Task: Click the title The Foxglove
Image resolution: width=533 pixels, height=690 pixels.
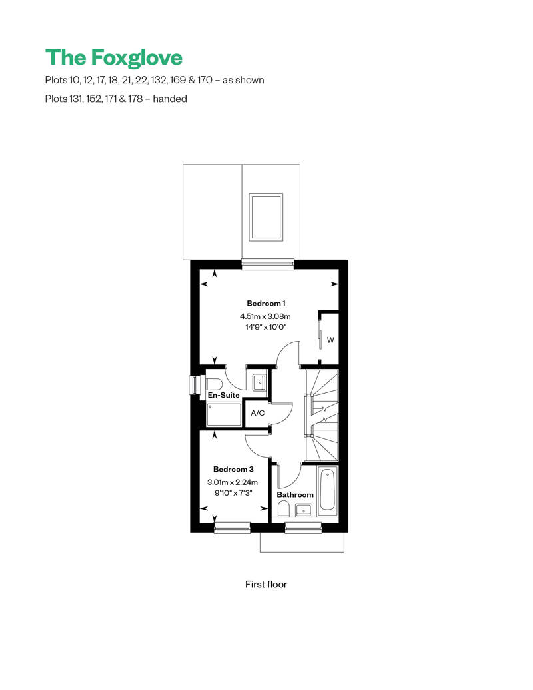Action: pos(113,58)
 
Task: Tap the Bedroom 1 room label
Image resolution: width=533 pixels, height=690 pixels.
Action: pos(266,303)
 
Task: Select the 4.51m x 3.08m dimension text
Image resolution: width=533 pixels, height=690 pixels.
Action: pos(265,316)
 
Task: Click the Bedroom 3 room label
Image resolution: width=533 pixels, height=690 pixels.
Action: pos(233,469)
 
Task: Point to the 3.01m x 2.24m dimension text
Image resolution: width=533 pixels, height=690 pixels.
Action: pos(233,482)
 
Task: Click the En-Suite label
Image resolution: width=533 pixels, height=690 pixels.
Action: pos(224,395)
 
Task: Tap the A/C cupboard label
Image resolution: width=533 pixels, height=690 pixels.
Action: pos(257,413)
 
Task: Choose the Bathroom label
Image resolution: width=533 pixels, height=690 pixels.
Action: pos(295,495)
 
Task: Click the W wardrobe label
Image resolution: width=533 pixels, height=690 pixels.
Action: pos(330,340)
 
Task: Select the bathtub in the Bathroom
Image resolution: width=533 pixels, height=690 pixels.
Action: pos(328,491)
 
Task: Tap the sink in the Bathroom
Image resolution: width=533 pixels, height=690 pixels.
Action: pos(304,510)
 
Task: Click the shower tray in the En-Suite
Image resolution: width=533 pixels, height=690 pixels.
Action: pos(224,414)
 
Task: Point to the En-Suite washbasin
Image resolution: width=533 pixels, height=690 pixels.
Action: pos(259,382)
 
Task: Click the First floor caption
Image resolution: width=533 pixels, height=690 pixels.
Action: pos(266,584)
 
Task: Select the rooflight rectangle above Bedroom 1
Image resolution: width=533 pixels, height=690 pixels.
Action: pos(265,217)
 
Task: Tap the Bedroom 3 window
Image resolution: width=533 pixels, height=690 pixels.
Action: pos(231,527)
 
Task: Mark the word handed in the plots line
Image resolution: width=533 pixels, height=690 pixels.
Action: pos(170,99)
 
